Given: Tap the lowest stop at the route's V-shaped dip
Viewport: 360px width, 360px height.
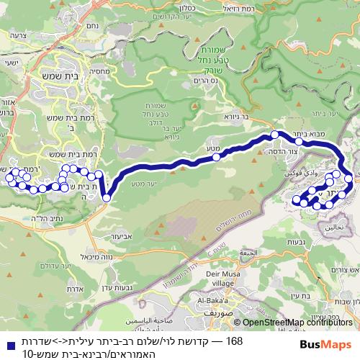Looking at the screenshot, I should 107,197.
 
